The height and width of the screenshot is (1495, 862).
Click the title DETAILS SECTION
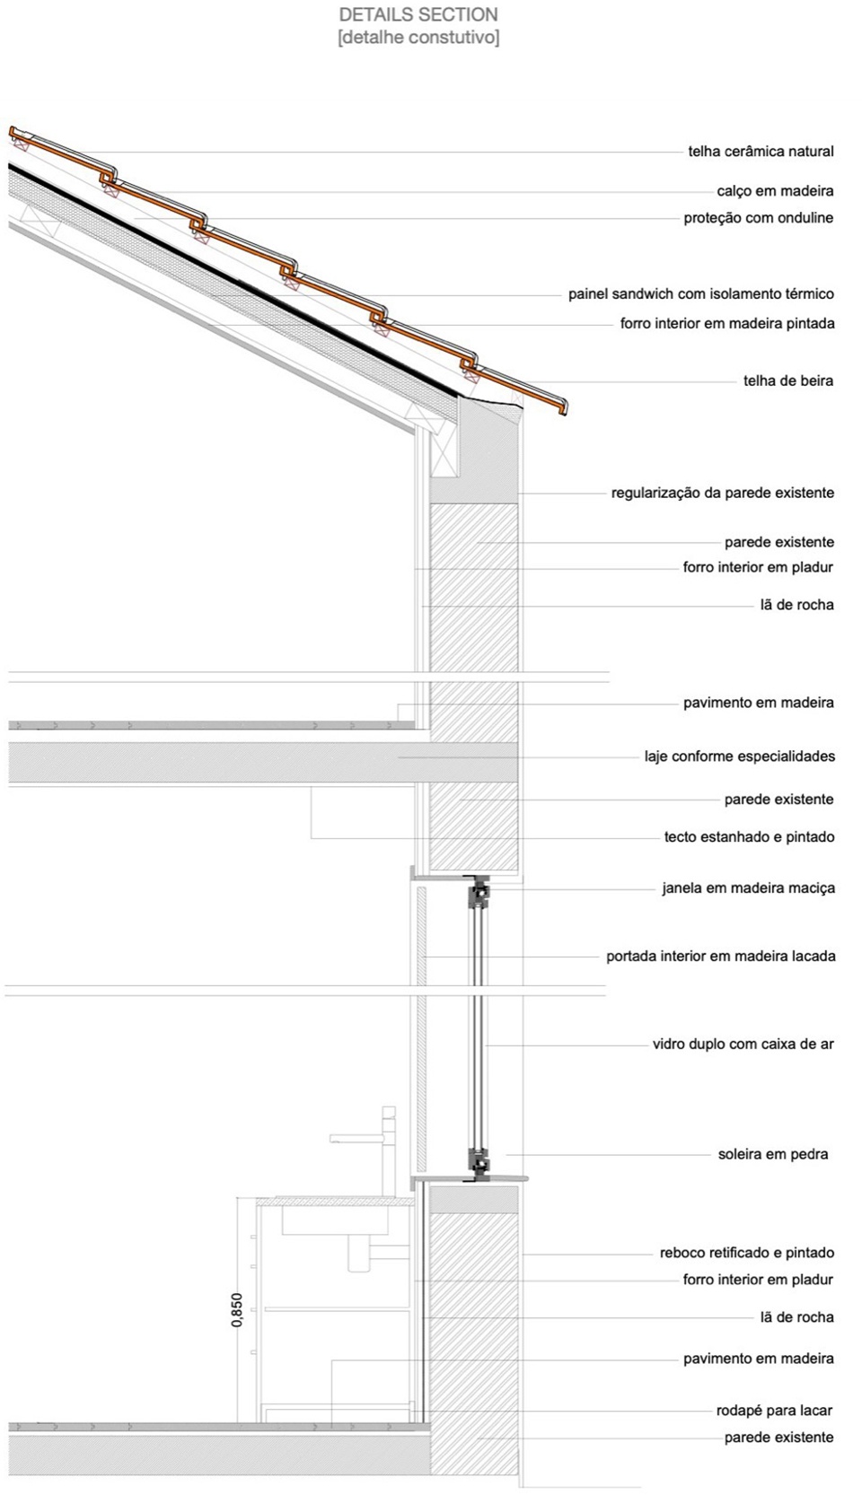[x=418, y=15]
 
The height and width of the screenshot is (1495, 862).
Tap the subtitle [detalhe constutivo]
[x=418, y=38]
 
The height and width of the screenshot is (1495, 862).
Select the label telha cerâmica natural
[x=761, y=152]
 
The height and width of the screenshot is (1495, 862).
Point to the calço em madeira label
[x=775, y=191]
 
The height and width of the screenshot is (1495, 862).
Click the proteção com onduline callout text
[x=758, y=218]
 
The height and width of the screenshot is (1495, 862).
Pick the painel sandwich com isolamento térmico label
[x=700, y=294]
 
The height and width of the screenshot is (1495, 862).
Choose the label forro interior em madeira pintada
[x=726, y=324]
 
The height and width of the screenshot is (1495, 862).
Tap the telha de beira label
[x=787, y=380]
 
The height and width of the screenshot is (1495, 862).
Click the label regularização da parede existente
[x=722, y=493]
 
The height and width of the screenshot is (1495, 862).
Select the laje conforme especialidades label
[x=739, y=756]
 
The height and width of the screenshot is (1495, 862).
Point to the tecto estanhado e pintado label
[x=749, y=837]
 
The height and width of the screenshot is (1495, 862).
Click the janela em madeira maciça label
[x=748, y=888]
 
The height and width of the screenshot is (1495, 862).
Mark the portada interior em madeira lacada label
[x=720, y=957]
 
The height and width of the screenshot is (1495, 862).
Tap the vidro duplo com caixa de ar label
[x=743, y=1045]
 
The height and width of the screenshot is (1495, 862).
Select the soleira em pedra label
[x=772, y=1155]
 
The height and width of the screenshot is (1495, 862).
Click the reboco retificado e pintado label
[x=746, y=1253]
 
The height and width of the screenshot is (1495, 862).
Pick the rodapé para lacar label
[x=774, y=1411]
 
